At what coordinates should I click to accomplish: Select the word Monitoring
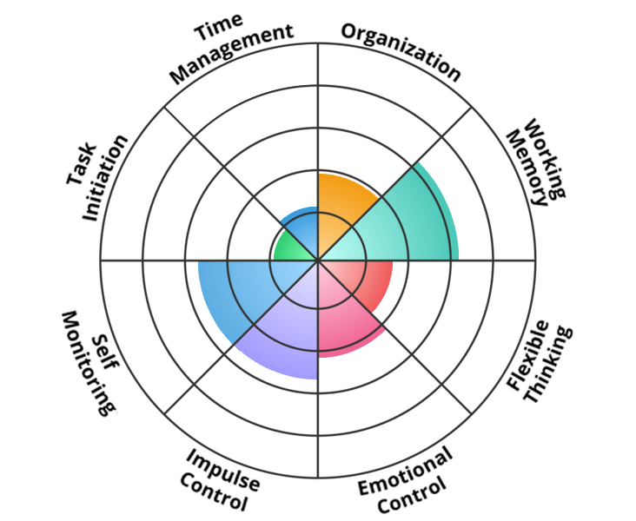pos(87,364)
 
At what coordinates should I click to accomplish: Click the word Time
pos(217,27)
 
